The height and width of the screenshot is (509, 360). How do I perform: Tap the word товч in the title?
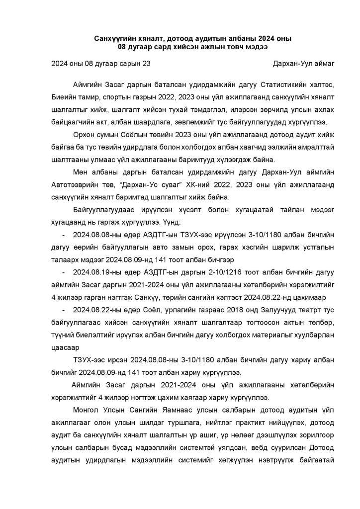(x=222, y=47)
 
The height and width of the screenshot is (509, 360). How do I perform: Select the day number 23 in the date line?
(x=145, y=64)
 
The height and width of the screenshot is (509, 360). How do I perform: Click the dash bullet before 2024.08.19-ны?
(x=63, y=272)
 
